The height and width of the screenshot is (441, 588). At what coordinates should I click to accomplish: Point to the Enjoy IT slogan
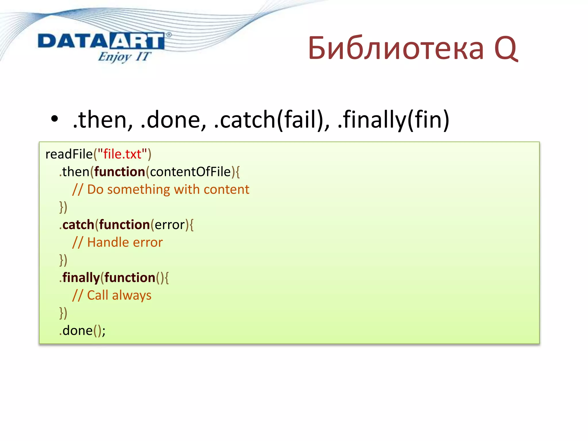(124, 57)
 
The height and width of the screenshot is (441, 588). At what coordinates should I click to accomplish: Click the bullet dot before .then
(54, 119)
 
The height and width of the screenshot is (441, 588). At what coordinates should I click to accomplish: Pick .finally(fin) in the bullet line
(393, 119)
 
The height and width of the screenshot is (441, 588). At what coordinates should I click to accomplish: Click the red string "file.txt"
(122, 154)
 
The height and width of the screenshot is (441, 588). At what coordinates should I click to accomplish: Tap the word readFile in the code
(69, 154)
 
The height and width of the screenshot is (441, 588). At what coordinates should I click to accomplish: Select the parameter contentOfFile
(190, 172)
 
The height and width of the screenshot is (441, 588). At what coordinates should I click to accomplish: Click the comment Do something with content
(161, 189)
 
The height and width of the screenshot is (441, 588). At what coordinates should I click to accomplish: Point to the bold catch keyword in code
(78, 225)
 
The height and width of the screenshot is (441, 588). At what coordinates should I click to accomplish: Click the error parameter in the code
(170, 225)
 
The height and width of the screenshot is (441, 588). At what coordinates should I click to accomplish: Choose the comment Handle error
(118, 242)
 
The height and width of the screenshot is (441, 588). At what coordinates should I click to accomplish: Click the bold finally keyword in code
(81, 278)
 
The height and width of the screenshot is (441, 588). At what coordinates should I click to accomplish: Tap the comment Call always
(112, 295)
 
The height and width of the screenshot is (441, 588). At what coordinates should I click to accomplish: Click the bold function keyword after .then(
(119, 172)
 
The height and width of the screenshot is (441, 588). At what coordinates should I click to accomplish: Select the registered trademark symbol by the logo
(169, 35)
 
